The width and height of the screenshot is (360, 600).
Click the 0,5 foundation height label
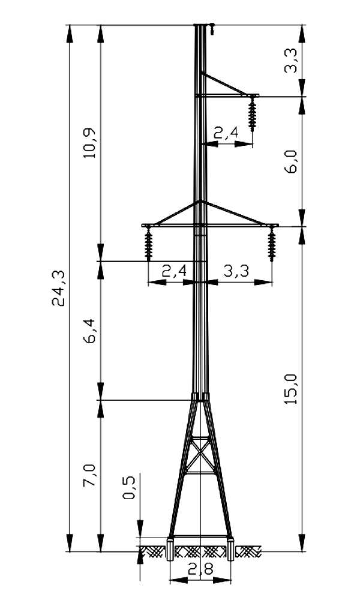tap(129, 487)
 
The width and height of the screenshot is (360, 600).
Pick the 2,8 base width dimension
tap(200, 570)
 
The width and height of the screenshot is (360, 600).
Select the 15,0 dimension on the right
tap(292, 389)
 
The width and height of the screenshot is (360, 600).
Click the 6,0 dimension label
tap(292, 161)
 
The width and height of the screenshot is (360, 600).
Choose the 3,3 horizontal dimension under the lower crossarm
tap(236, 271)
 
